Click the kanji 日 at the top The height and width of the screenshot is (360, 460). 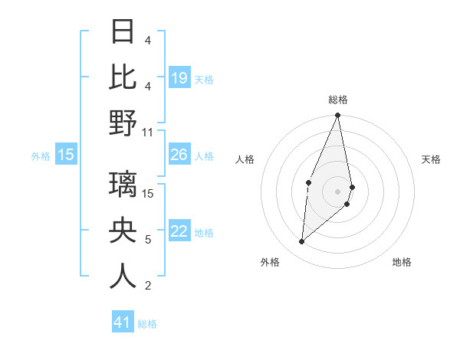123,31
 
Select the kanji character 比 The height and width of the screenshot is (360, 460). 123,77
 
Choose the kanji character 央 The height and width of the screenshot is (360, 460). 123,231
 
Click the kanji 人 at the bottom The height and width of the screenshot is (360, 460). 123,277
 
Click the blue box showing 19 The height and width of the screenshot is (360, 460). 179,77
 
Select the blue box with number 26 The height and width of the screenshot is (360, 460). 179,155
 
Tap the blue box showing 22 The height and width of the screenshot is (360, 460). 179,231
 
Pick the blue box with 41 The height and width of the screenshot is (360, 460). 123,322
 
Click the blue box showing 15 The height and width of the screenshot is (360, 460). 66,155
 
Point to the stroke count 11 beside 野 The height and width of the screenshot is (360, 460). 148,132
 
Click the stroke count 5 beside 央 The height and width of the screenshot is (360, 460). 148,240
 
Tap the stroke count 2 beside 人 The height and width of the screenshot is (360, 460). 148,286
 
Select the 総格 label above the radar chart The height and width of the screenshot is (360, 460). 338,100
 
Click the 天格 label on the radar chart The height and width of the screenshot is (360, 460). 431,159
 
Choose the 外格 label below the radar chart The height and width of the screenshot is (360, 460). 269,262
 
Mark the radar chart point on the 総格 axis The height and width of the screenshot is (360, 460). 337,116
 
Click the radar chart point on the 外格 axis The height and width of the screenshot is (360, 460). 302,242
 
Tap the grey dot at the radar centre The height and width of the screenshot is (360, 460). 337,191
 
